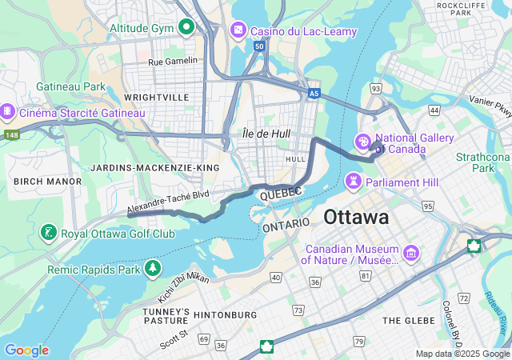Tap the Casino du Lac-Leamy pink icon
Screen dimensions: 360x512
[x=238, y=30]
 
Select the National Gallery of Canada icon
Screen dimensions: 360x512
[x=363, y=142]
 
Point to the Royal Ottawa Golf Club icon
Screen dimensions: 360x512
[x=48, y=234]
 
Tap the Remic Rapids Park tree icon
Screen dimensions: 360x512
[x=152, y=267]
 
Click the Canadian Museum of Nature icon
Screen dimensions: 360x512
[x=411, y=254]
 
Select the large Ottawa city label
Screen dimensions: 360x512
[x=356, y=217]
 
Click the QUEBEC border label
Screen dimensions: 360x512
[x=280, y=193]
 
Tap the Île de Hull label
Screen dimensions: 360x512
[x=266, y=134]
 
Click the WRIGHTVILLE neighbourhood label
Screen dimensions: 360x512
[x=158, y=98]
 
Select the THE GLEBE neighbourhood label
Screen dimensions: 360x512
[x=409, y=320]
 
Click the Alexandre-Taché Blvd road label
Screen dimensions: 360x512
[x=167, y=202]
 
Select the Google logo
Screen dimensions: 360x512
[x=26, y=350]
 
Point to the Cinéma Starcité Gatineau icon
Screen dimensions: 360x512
[x=8, y=113]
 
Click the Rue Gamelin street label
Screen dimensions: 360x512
[x=172, y=61]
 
